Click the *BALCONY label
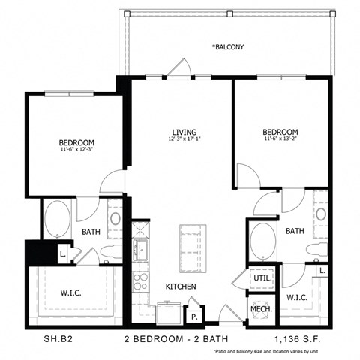coord(228,47)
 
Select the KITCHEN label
coord(181,287)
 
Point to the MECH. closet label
coord(260,307)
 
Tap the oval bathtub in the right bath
coord(261,242)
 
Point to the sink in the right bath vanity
coord(321,215)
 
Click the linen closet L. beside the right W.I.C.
coord(322,269)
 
